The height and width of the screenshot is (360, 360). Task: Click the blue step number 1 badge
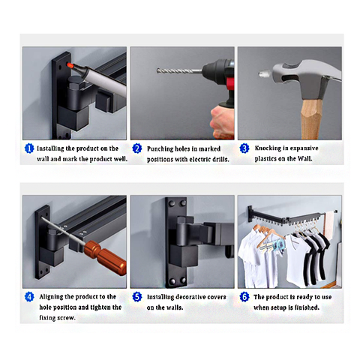point(29,148)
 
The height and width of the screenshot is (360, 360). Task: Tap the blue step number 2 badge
point(137,148)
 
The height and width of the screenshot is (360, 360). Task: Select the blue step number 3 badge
point(244,148)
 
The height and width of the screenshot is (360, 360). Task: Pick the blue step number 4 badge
point(29,297)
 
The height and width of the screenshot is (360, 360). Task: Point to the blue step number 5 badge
point(137,297)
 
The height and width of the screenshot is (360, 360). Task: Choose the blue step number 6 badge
point(244,297)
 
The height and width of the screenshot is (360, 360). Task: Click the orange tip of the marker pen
point(70,65)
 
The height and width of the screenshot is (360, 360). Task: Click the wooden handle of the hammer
point(311,118)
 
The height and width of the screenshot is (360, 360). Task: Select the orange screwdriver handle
point(105,257)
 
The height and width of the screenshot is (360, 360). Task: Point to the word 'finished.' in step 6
point(308,307)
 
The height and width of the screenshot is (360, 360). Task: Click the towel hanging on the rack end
point(329,225)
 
